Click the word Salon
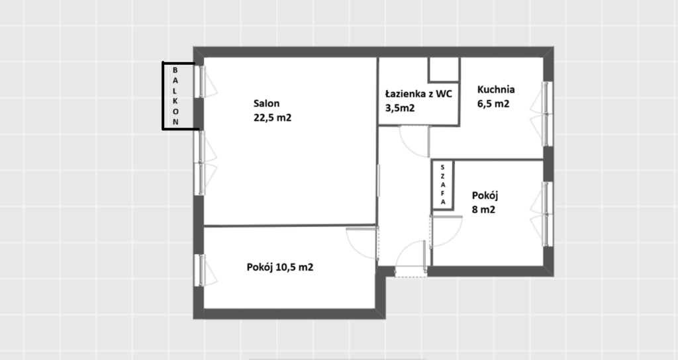coord(266,103)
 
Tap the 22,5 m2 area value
coord(272,118)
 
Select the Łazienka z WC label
coord(418,93)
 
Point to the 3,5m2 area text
coord(400,108)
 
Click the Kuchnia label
coord(496,89)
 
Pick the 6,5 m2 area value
coord(493,104)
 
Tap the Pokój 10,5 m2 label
coord(280,267)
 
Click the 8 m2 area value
coord(483,210)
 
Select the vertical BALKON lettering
coord(175,96)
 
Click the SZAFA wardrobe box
coord(443,185)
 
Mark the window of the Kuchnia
coord(543,114)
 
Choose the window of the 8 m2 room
coord(544,214)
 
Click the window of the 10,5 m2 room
coord(203,270)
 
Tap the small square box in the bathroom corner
coord(444,69)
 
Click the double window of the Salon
coord(204,163)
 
